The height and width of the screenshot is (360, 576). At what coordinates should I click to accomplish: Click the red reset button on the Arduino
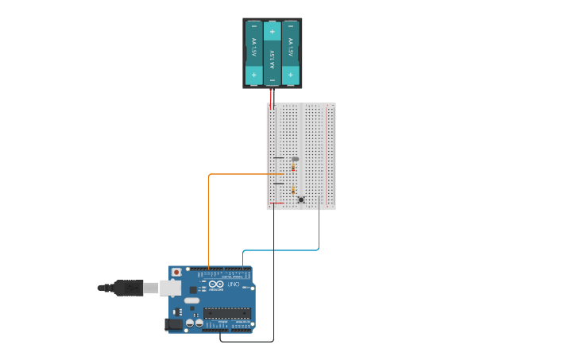[176, 273]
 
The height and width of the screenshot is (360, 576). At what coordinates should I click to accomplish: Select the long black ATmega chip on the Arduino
[227, 313]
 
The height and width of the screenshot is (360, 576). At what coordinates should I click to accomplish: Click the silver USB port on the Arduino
[170, 287]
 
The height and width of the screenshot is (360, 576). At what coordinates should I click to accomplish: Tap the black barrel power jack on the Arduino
[171, 323]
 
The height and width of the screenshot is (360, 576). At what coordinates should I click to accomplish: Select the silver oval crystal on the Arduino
[191, 301]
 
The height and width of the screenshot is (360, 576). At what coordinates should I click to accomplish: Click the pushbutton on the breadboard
[301, 200]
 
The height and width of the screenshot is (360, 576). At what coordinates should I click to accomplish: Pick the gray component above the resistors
[295, 159]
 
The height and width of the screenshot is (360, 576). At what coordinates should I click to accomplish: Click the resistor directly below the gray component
[293, 168]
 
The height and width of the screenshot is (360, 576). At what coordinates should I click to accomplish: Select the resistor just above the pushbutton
[293, 190]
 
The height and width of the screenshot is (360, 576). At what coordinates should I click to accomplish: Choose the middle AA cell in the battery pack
[273, 54]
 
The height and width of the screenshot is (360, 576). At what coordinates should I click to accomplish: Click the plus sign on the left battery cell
[254, 75]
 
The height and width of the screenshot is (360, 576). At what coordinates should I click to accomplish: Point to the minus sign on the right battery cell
[291, 27]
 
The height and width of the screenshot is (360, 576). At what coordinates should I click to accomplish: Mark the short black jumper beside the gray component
[279, 158]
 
